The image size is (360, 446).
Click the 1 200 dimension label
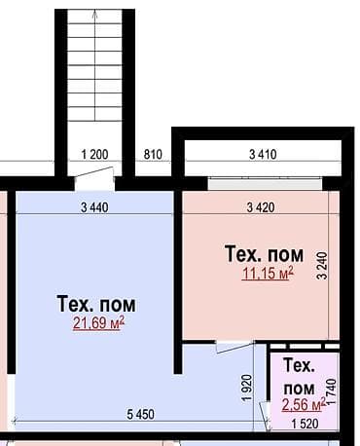(94, 154)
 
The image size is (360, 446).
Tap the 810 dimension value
(153, 154)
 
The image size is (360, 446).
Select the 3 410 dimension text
(263, 154)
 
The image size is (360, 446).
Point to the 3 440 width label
(94, 207)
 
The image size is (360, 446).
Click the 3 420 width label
(261, 207)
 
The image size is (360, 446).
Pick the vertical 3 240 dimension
(323, 266)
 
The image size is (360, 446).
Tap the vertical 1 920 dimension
(247, 389)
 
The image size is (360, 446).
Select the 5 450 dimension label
(141, 414)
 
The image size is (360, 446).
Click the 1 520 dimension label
(305, 424)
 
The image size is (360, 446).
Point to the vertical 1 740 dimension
(332, 391)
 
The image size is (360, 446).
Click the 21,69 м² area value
(98, 323)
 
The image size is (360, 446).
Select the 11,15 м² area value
(268, 274)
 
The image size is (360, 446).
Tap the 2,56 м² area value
(304, 404)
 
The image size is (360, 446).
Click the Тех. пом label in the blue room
(96, 304)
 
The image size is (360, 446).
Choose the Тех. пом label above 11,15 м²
(265, 254)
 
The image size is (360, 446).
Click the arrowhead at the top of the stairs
(95, 13)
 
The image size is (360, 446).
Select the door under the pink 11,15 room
(234, 347)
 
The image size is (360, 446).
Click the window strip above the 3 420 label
(265, 184)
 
